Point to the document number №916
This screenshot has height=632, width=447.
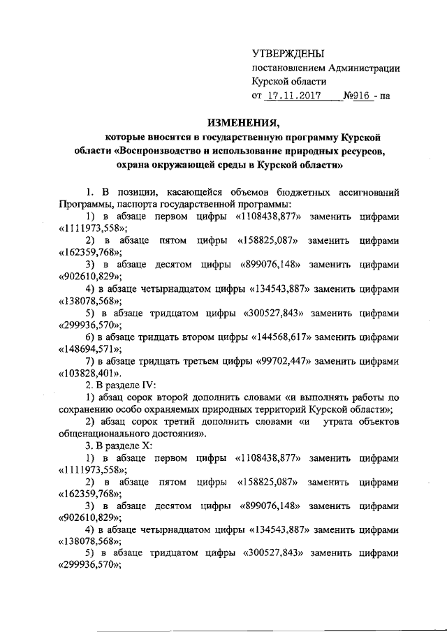pos(356,95)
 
